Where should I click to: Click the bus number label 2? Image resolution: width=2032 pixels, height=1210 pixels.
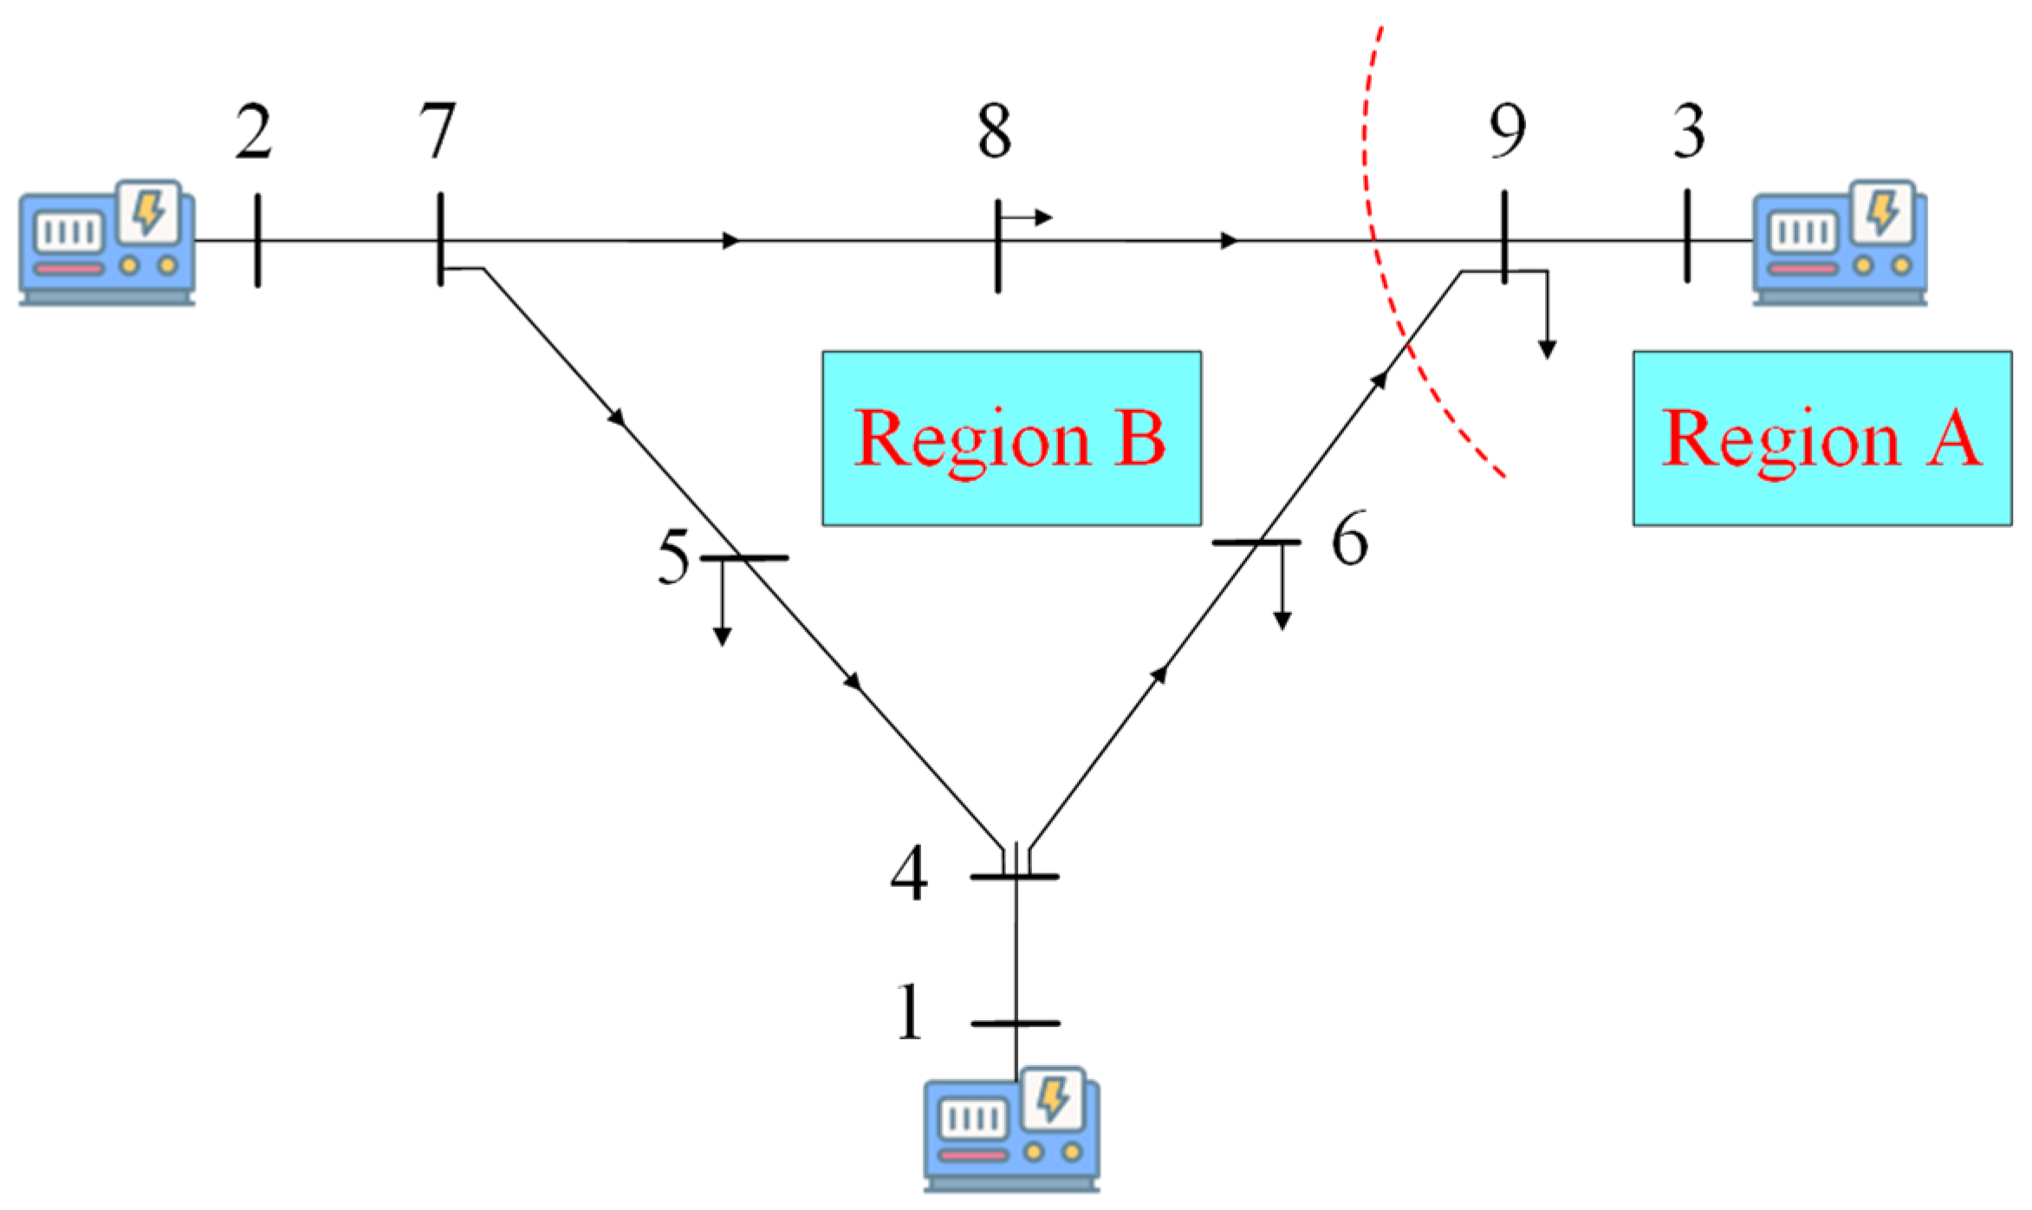[253, 133]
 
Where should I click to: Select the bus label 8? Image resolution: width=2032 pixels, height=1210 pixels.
[994, 132]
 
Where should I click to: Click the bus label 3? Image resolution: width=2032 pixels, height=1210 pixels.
[1689, 132]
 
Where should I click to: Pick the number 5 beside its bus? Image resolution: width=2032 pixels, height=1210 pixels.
[674, 556]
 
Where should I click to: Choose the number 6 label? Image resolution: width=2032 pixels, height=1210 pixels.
[1349, 539]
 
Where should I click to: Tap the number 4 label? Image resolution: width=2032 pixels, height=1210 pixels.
[909, 874]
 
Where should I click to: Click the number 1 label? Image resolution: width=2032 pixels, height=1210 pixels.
[909, 1012]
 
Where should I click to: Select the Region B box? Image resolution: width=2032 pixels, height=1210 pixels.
[1011, 438]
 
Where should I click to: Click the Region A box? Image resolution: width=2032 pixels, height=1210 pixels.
[1821, 438]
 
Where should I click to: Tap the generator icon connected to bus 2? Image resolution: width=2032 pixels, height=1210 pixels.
[107, 243]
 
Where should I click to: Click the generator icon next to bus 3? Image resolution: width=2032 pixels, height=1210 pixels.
[1839, 243]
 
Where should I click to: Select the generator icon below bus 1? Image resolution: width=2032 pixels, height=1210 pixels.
[1011, 1129]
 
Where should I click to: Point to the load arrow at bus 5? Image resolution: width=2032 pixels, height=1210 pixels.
[722, 607]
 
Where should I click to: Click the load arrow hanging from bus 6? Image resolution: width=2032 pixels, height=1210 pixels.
[1282, 589]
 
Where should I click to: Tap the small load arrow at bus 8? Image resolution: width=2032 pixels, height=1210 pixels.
[1031, 217]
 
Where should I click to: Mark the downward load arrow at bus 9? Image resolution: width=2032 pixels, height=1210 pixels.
[1547, 321]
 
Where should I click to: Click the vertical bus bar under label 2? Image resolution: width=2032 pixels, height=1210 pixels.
[257, 240]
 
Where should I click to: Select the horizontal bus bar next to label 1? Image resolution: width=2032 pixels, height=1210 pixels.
[1015, 1024]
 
